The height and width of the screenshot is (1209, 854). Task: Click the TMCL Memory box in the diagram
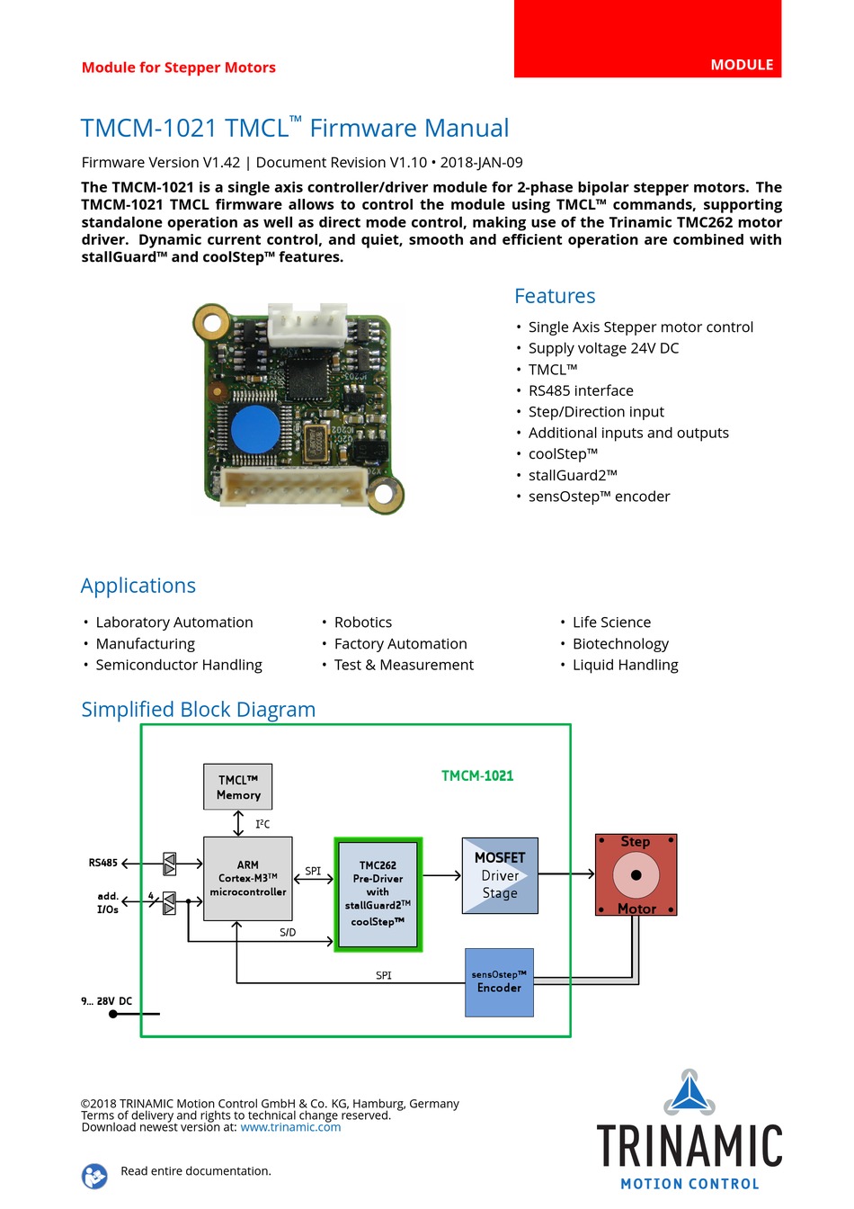pyautogui.click(x=237, y=786)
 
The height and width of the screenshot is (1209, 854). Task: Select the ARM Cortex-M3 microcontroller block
pyautogui.click(x=247, y=878)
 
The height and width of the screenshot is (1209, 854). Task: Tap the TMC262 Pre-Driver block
pyautogui.click(x=378, y=894)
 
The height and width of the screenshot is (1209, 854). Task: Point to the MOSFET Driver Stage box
pyautogui.click(x=500, y=875)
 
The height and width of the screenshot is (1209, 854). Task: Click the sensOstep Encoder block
pyautogui.click(x=499, y=982)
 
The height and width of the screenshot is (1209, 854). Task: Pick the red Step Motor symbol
pyautogui.click(x=636, y=874)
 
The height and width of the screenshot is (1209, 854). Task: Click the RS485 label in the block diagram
pyautogui.click(x=102, y=863)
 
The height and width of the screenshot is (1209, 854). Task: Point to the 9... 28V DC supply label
pyautogui.click(x=107, y=1001)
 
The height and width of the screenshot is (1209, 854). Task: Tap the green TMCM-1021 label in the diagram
pyautogui.click(x=477, y=775)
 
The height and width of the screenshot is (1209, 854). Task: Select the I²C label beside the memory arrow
pyautogui.click(x=262, y=824)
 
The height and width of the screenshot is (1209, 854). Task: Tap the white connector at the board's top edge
pyautogui.click(x=307, y=324)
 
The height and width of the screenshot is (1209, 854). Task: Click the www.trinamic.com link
pyautogui.click(x=290, y=1127)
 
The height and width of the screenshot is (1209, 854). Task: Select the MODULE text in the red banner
pyautogui.click(x=742, y=65)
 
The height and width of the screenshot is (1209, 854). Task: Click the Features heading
pyautogui.click(x=555, y=296)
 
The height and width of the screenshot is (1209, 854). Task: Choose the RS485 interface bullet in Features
pyautogui.click(x=581, y=390)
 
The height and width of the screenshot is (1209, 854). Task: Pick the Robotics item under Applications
pyautogui.click(x=362, y=622)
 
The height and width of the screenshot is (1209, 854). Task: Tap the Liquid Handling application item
pyautogui.click(x=626, y=665)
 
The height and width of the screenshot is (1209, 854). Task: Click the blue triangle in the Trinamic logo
pyautogui.click(x=689, y=1092)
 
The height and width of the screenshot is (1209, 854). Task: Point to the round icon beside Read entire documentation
pyautogui.click(x=94, y=1176)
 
